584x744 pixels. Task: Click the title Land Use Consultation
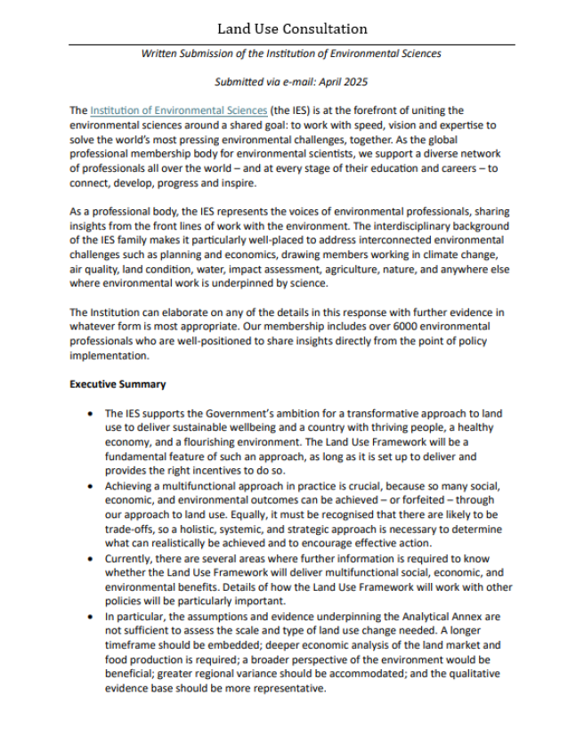pyautogui.click(x=292, y=29)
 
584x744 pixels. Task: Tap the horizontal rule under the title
pyautogui.click(x=292, y=44)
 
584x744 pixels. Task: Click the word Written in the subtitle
pyautogui.click(x=160, y=54)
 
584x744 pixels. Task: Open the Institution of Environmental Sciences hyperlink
pyautogui.click(x=178, y=110)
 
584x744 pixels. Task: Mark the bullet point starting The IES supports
pyautogui.click(x=92, y=414)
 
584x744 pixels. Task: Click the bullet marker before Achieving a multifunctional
pyautogui.click(x=92, y=486)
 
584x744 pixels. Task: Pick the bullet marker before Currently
pyautogui.click(x=92, y=559)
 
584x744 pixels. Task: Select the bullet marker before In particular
pyautogui.click(x=92, y=617)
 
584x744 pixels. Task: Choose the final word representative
pyautogui.click(x=289, y=689)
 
